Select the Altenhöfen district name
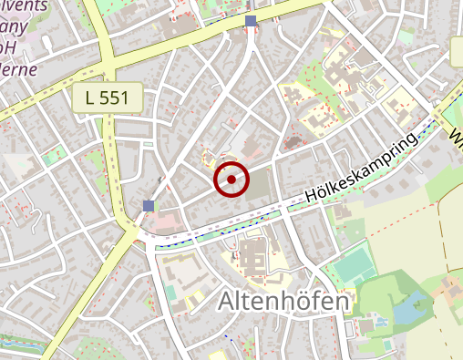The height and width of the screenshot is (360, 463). pyautogui.click(x=283, y=302)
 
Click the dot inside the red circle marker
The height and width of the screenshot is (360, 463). pyautogui.click(x=231, y=180)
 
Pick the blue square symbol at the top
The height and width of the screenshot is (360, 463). pyautogui.click(x=251, y=20)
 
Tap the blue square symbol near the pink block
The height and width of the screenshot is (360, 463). pyautogui.click(x=149, y=206)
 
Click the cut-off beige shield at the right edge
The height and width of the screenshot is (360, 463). pyautogui.click(x=457, y=52)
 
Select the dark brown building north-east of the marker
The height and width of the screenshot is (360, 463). pyautogui.click(x=293, y=142)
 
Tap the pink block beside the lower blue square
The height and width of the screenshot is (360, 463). pyautogui.click(x=165, y=219)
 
